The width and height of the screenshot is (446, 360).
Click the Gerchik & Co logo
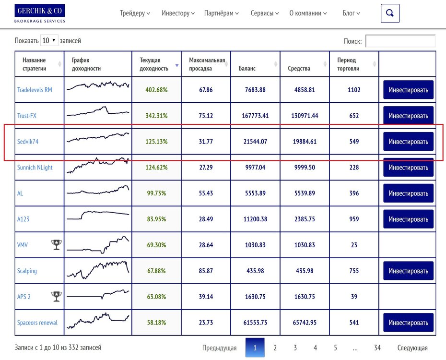[x=40, y=13]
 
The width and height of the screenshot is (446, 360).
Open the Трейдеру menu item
[x=135, y=13]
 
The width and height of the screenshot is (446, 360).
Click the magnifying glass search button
[x=390, y=13]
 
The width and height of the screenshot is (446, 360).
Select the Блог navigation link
[x=351, y=13]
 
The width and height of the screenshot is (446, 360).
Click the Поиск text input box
[x=400, y=41]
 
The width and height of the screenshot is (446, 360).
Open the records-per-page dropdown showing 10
[x=49, y=40]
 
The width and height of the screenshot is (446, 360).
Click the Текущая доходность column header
[x=156, y=64]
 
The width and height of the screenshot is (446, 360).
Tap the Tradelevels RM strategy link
[x=35, y=90]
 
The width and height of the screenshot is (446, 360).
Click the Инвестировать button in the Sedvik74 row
[x=408, y=142]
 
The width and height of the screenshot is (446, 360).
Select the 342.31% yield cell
[x=156, y=116]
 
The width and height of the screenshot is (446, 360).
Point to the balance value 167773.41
[x=255, y=116]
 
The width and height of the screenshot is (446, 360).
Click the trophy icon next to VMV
[x=56, y=245]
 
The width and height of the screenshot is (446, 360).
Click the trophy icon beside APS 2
[x=56, y=297]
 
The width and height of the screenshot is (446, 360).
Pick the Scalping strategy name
[x=27, y=271]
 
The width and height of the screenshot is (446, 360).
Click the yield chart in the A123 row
[x=98, y=216]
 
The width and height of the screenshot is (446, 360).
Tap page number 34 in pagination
[x=377, y=348]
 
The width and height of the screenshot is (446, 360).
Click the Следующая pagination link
[x=412, y=348]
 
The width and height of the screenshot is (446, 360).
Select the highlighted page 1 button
[x=255, y=348]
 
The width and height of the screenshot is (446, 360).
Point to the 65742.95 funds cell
[x=305, y=323]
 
